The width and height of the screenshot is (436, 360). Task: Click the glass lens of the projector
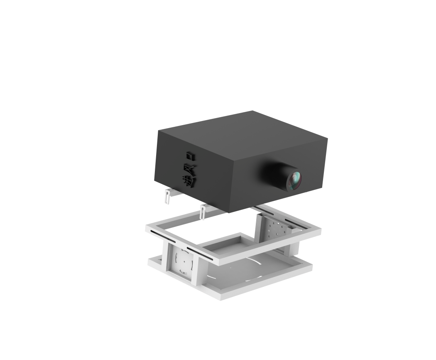pos(296,180)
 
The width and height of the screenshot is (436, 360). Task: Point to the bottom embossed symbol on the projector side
pos(189,181)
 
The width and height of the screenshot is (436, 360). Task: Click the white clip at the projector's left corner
pos(168,196)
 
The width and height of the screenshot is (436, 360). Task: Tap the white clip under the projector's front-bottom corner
pos(203,212)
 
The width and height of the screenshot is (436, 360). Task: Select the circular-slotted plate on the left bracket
pos(182,261)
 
